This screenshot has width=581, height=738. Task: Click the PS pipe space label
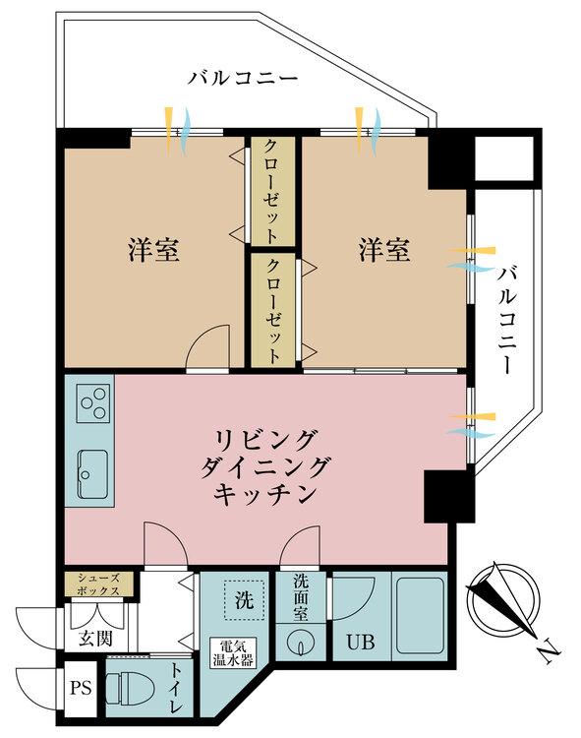(x=81, y=688)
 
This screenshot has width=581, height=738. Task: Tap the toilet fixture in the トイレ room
(x=129, y=689)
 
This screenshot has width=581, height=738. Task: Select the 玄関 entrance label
(x=96, y=639)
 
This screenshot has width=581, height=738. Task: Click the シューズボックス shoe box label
(x=98, y=584)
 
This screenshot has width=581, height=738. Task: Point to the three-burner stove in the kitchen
(x=93, y=403)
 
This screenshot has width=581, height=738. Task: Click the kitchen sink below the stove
(x=92, y=474)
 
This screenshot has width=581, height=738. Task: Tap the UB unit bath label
(x=361, y=642)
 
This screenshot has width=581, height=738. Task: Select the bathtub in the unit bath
(x=420, y=615)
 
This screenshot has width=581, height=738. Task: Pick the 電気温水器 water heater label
(x=233, y=652)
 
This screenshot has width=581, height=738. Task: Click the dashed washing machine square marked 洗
(x=244, y=600)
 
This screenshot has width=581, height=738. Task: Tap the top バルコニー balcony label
(x=243, y=78)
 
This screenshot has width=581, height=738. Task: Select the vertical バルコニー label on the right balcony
(x=506, y=320)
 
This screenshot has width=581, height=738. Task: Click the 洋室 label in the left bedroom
(x=153, y=250)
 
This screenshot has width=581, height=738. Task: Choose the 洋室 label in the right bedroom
(x=384, y=250)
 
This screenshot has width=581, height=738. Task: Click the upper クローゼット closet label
(x=272, y=191)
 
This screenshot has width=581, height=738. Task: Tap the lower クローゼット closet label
(x=272, y=311)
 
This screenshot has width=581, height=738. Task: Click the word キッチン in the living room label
(x=264, y=494)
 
